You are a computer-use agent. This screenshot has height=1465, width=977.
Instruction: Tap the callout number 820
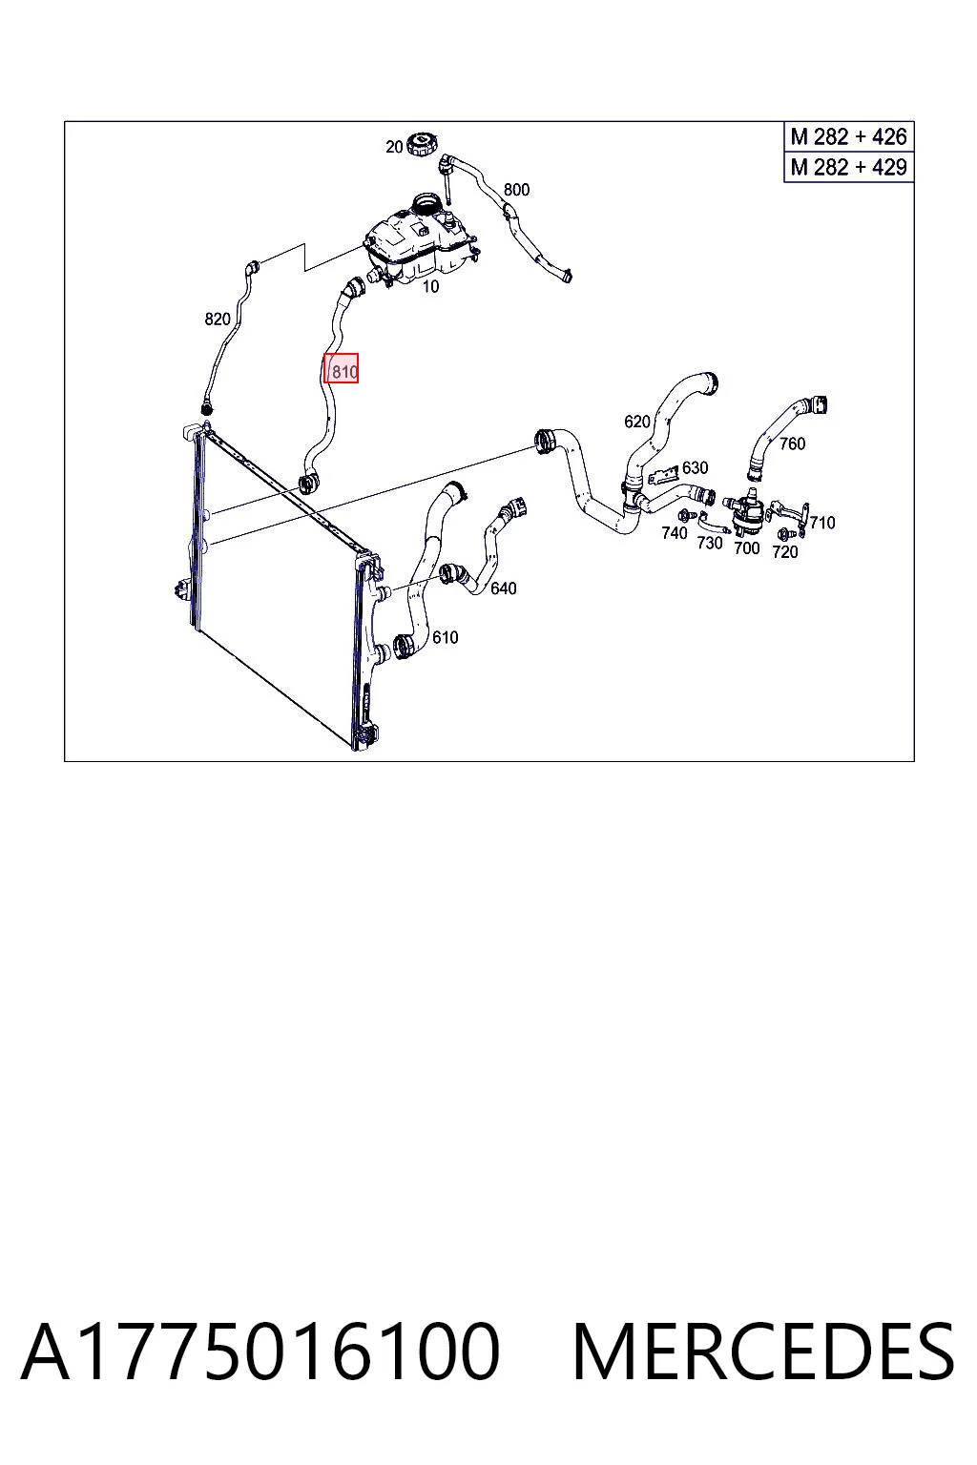[x=218, y=320]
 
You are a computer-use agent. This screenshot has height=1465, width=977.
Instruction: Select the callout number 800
[x=516, y=190]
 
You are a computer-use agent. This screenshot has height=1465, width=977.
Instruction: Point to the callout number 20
[x=394, y=147]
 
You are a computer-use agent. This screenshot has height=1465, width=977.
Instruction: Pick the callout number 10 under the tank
[x=430, y=286]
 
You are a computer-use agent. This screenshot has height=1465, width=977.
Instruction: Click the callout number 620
[x=636, y=422]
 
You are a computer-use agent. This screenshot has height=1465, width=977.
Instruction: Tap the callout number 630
[x=695, y=467]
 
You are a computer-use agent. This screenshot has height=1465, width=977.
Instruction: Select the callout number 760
[x=792, y=444]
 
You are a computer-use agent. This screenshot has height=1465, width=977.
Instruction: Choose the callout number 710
[x=821, y=523]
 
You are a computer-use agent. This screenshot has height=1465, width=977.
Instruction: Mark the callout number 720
[x=784, y=552]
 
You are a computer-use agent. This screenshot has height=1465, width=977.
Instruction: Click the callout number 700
[x=747, y=548]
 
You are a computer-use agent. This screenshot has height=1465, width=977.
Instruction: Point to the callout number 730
[x=709, y=543]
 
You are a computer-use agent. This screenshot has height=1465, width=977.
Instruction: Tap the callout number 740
[x=674, y=533]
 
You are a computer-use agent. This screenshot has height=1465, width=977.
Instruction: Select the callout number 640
[x=503, y=588]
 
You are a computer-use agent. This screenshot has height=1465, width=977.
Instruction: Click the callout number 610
[x=445, y=637]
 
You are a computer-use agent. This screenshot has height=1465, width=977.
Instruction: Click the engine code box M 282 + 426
[x=849, y=136]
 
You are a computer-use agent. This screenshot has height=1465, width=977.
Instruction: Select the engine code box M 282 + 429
[x=849, y=167]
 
